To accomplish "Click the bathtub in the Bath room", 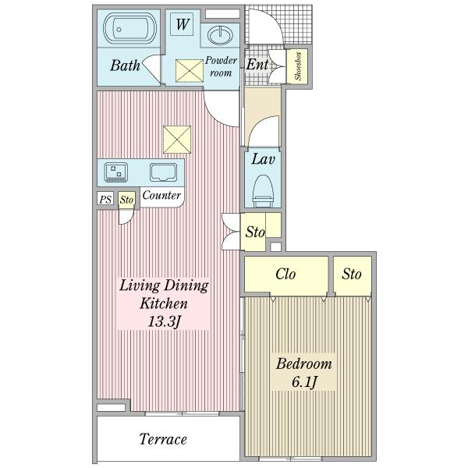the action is pos(130,29).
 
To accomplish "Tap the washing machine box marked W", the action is pos(182,24).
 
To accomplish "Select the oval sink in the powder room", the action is pos(220,35).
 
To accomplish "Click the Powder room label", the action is pos(221,66).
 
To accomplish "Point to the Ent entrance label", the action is pos(257,64).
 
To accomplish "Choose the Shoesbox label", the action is pos(298,66).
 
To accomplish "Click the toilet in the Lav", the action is pos(263,191).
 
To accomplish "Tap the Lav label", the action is pos(263,159).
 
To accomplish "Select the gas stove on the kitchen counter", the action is pos(115,172).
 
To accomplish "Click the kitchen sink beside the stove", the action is pos(163,172).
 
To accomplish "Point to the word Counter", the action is pos(161,195).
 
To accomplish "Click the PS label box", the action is pos(105,199).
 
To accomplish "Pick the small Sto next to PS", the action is pos(126,200).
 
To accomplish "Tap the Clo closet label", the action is pos(285,274).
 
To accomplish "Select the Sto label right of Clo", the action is pos(352,274).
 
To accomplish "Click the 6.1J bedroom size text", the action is pos(304,382).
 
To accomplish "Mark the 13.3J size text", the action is pos(164,321).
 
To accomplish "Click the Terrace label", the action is pos(163,439).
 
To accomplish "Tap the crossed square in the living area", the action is pos(177,140).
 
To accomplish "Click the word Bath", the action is pos(125,66).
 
